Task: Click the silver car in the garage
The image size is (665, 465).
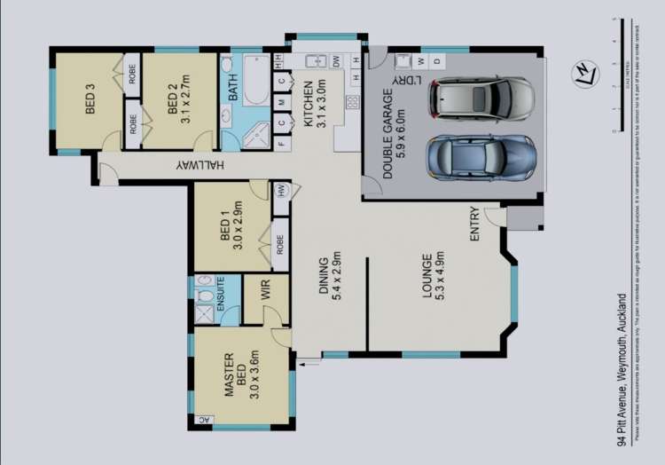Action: click(481, 98)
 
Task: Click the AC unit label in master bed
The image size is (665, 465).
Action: click(203, 421)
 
